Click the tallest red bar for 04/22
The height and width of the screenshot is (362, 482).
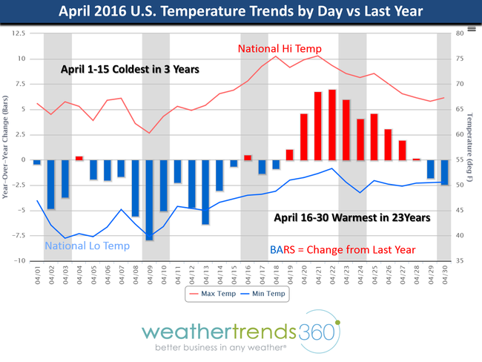pyautogui.click(x=331, y=125)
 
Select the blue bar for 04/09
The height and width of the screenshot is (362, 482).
pyautogui.click(x=149, y=200)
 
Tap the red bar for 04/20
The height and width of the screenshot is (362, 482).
pyautogui.click(x=303, y=136)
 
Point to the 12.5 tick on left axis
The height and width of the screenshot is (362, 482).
pyautogui.click(x=17, y=33)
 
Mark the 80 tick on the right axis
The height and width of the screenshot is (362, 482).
pyautogui.click(x=460, y=33)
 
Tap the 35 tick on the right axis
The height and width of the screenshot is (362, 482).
pyautogui.click(x=460, y=261)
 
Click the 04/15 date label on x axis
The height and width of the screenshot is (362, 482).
pyautogui.click(x=234, y=272)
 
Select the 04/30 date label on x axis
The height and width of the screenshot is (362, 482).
pyautogui.click(x=445, y=272)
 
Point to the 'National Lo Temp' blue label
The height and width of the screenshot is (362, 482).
pyautogui.click(x=88, y=246)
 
